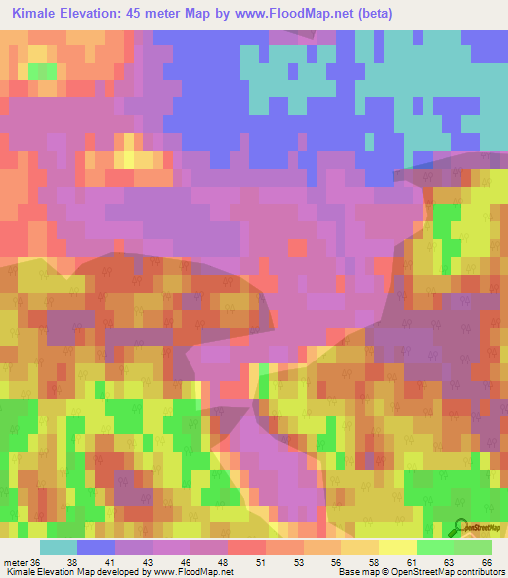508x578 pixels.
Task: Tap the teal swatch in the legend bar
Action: (59, 547)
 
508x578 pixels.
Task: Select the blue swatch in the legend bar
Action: (96, 547)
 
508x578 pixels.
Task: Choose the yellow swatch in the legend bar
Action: (398, 547)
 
